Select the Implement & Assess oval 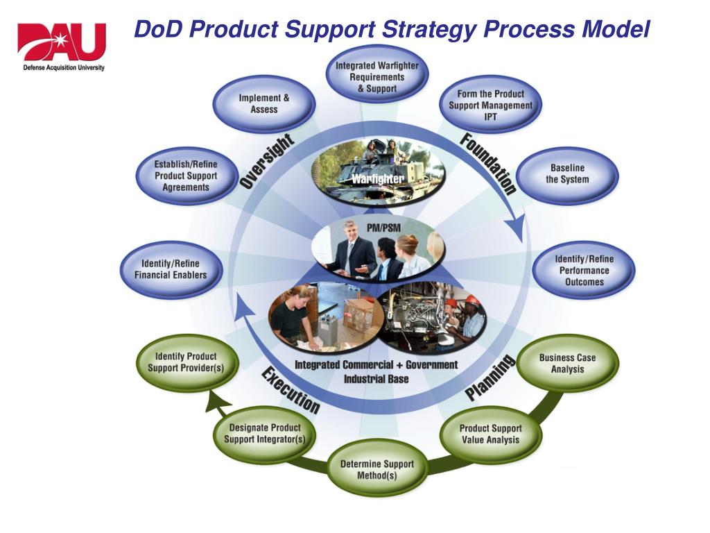(x=264, y=104)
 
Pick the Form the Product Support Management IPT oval (x=491, y=105)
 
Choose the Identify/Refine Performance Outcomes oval (x=583, y=271)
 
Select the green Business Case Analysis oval (x=567, y=364)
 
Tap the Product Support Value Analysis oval (x=490, y=434)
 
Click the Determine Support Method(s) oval (x=376, y=470)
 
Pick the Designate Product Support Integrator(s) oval (x=264, y=434)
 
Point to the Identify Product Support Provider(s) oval (x=185, y=362)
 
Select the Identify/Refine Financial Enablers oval (x=171, y=269)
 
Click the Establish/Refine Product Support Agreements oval (x=185, y=176)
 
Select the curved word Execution (x=290, y=391)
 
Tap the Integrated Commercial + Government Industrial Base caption (x=376, y=372)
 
